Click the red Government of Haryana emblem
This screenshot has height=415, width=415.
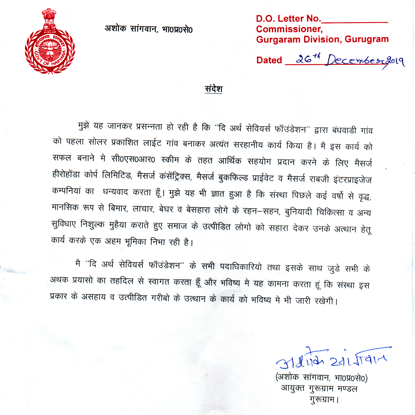click(50, 43)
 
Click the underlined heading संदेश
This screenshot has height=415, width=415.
click(213, 89)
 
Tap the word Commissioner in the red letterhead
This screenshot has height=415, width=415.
click(289, 29)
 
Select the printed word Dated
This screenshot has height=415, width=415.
click(269, 60)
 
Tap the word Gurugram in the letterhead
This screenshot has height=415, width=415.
click(366, 39)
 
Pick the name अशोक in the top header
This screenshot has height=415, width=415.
click(115, 28)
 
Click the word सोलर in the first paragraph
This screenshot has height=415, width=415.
click(97, 142)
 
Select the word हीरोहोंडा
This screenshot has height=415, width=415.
click(66, 174)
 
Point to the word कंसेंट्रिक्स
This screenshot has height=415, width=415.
click(175, 177)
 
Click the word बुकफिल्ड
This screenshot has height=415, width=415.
click(233, 178)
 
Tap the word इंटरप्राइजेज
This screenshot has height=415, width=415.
click(352, 180)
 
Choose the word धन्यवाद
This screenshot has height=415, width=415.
click(115, 192)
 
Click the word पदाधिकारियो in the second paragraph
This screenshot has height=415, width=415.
click(241, 267)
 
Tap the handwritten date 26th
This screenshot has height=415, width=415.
click(308, 59)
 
